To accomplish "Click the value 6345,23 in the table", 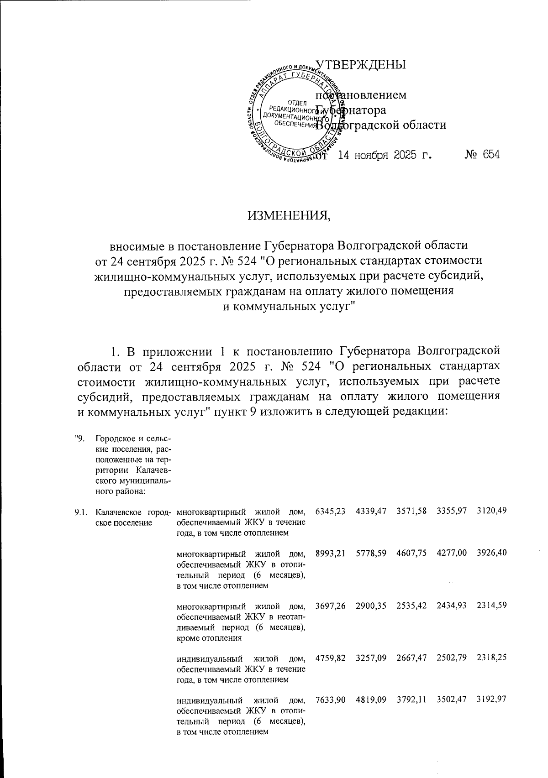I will click(x=330, y=511).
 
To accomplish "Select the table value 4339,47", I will click(x=371, y=511).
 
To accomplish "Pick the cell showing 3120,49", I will click(x=491, y=511).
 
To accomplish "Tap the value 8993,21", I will click(x=330, y=554).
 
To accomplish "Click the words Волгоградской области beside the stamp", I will click(x=382, y=125).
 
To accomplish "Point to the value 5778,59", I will click(x=371, y=554).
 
